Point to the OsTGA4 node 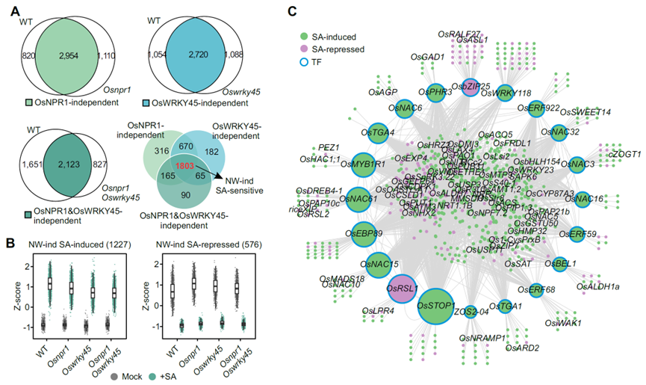(379, 133)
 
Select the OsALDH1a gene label (600, 286)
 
